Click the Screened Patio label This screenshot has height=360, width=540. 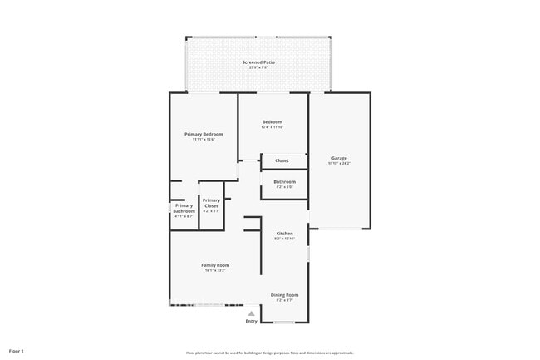(x=258, y=62)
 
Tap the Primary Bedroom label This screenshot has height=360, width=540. (x=204, y=134)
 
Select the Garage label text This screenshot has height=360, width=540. (x=339, y=158)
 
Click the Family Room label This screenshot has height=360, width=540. (x=214, y=264)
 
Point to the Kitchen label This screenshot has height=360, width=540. (x=285, y=234)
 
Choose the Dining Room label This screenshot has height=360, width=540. (x=285, y=294)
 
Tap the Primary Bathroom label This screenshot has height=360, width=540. (x=184, y=208)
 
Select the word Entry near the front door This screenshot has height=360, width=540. (x=251, y=321)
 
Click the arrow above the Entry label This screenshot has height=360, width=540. (x=251, y=313)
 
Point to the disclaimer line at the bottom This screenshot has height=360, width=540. (x=270, y=353)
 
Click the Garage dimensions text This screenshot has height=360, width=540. (x=339, y=164)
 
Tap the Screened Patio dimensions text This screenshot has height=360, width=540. (x=258, y=68)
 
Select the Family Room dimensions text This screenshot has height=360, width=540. (x=214, y=270)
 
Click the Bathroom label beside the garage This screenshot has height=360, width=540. (x=285, y=181)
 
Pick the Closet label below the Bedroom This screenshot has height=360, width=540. (x=282, y=160)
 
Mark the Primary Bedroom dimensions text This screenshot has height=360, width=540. (x=204, y=140)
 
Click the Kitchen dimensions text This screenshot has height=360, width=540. (x=285, y=239)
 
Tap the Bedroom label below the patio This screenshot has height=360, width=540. (x=272, y=121)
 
